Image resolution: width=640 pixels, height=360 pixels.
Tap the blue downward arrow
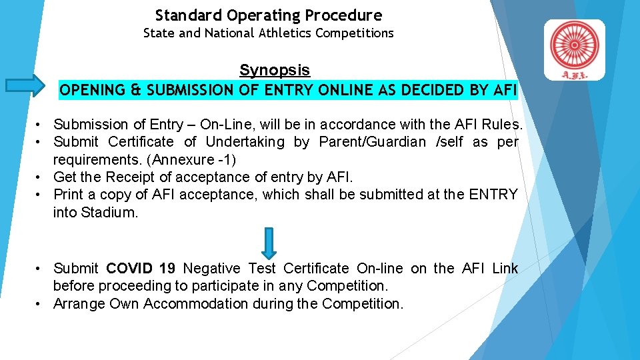click(x=268, y=243)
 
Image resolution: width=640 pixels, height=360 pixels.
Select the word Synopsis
click(x=275, y=70)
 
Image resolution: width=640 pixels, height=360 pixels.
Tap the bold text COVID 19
click(x=141, y=269)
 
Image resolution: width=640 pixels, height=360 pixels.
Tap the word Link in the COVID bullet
click(x=505, y=269)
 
